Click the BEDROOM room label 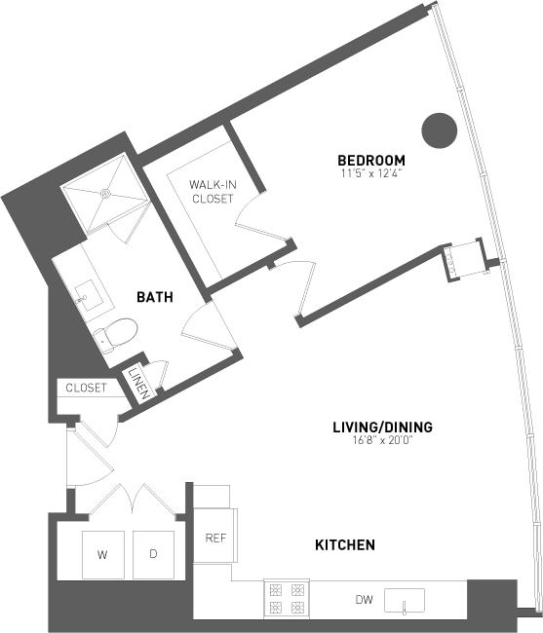[370, 161]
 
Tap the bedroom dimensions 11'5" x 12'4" [370, 173]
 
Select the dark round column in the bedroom [439, 130]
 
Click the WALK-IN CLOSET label [212, 191]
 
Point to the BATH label [154, 297]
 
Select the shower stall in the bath [104, 193]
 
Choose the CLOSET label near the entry [86, 388]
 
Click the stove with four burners [287, 597]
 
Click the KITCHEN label [345, 545]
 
